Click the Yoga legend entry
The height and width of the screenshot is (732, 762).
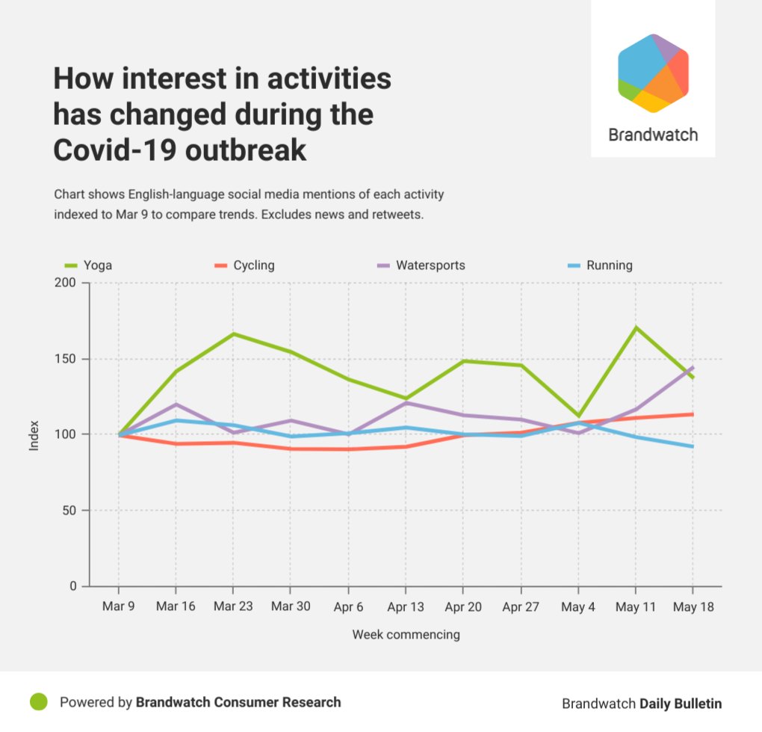(x=88, y=265)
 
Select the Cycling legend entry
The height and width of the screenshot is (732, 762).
(x=244, y=265)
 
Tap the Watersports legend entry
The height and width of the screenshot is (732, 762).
(x=421, y=265)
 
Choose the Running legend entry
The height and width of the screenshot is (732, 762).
(x=600, y=265)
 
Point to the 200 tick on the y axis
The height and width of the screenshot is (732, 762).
(x=65, y=283)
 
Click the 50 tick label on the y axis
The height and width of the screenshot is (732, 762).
(x=69, y=510)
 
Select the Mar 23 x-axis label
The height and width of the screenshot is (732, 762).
(x=233, y=606)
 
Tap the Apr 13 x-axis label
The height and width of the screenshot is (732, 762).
(x=406, y=607)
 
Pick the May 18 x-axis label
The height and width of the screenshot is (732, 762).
(x=693, y=607)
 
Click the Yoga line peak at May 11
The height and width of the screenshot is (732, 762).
(x=636, y=327)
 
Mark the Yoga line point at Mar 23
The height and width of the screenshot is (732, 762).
(x=233, y=333)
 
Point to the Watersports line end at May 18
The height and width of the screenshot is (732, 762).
(x=693, y=367)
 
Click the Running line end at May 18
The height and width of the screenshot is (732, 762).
(x=693, y=446)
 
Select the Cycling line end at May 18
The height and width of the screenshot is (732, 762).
(x=693, y=414)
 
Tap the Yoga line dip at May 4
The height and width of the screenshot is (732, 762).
(x=578, y=416)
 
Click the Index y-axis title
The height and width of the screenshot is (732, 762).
(x=34, y=435)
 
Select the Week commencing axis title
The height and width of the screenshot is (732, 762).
(x=406, y=634)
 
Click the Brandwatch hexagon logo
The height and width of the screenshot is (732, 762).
(x=653, y=73)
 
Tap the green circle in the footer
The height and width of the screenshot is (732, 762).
(x=39, y=701)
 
